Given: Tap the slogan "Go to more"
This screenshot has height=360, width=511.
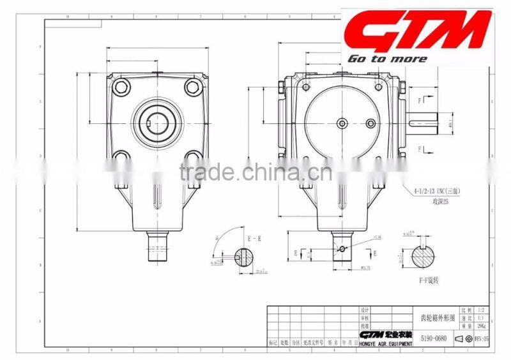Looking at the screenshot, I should coord(387,59).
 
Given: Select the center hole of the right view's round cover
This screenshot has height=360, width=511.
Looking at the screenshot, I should coord(343,123).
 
